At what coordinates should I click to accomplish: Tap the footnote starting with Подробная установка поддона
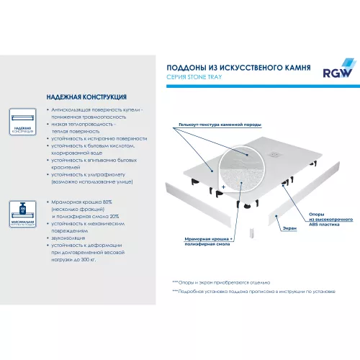[x=252, y=292]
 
